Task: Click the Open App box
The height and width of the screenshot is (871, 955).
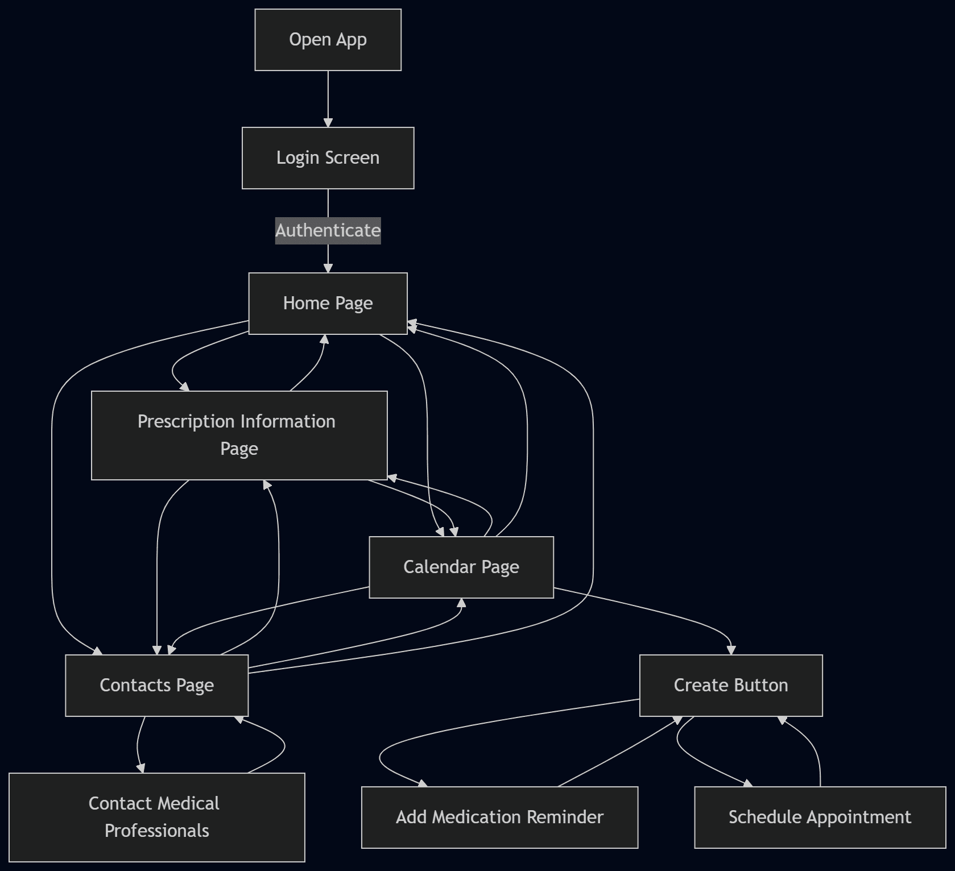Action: (328, 40)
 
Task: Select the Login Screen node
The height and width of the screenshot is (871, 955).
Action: (328, 158)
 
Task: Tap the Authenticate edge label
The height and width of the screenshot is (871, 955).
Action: (328, 230)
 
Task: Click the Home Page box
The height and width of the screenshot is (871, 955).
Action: (328, 304)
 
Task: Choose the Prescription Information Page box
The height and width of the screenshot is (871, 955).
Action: (239, 435)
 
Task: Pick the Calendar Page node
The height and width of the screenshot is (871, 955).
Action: (461, 567)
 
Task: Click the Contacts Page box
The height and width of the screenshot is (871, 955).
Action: (156, 686)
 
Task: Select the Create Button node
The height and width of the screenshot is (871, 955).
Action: (730, 686)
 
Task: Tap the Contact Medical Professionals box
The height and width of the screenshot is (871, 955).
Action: (156, 818)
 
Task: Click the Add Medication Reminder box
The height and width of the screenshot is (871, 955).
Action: (499, 818)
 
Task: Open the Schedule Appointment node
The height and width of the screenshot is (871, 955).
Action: (820, 818)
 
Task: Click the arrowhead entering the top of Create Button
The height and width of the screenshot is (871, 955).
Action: (731, 650)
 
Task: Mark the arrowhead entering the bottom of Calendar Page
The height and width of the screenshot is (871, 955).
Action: (461, 603)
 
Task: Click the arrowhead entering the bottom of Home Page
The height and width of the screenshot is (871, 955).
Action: (324, 339)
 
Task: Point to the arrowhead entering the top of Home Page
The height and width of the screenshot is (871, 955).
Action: (328, 268)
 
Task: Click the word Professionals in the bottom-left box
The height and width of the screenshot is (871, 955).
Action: (156, 831)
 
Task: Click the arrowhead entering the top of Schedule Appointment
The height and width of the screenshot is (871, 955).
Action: (748, 783)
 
